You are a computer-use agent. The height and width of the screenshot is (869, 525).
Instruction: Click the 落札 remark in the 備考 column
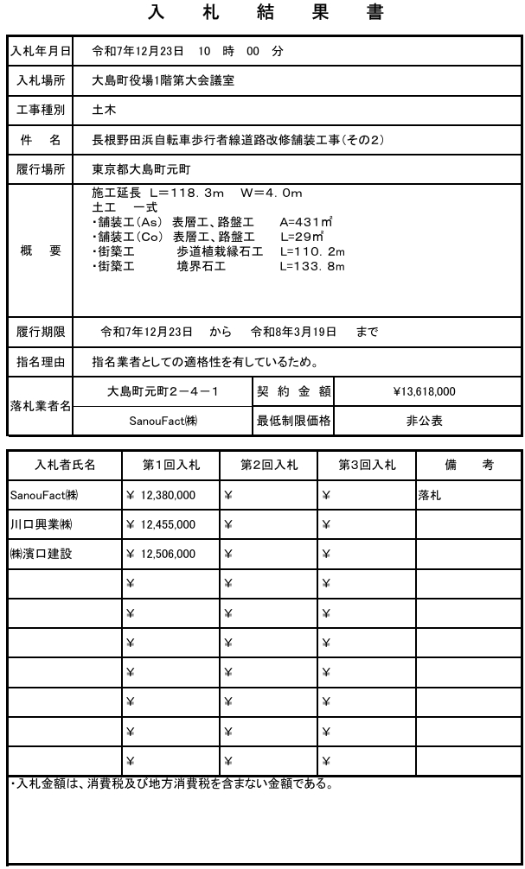(x=430, y=497)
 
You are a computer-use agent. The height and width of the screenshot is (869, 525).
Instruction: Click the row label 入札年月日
(x=41, y=51)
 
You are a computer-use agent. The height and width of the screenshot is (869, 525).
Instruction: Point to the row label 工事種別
(x=41, y=110)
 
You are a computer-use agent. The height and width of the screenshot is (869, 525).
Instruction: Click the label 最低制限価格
(x=295, y=422)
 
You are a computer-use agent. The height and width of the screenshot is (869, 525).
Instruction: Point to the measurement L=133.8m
(x=312, y=266)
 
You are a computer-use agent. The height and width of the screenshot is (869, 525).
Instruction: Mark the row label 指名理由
(x=41, y=361)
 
